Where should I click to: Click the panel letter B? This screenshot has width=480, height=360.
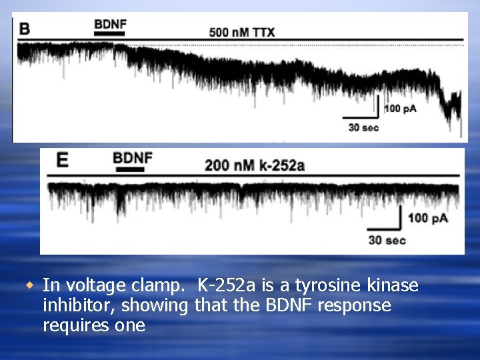coord(25,29)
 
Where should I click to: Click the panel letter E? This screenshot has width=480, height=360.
coord(62,161)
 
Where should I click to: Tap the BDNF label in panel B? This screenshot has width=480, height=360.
coord(110,25)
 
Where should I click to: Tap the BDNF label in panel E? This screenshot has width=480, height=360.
coord(133,159)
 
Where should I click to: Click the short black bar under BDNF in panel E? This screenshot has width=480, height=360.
coord(130,170)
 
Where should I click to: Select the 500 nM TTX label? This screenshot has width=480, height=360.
coord(241,31)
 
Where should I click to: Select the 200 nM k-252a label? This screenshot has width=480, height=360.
coord(255,165)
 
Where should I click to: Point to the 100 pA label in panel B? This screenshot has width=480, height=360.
coord(400,109)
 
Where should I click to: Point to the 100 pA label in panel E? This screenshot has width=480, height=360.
coord(427,218)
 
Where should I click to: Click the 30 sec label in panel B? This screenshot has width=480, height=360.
coord(363,127)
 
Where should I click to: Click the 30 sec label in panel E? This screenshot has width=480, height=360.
coord(387,239)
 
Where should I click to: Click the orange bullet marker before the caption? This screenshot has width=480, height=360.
coord(29,285)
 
